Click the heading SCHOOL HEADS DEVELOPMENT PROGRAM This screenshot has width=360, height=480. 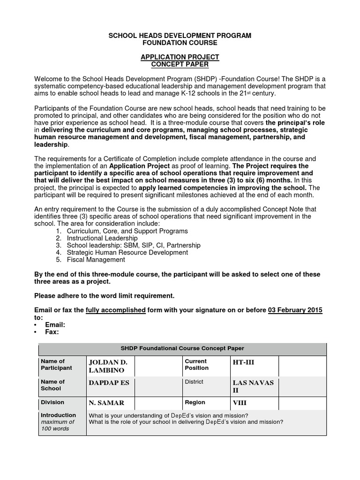[x=180, y=36]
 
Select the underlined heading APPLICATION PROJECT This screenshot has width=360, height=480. [x=180, y=57]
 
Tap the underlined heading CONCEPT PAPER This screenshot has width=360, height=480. [x=180, y=64]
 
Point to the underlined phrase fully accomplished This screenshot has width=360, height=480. [x=116, y=310]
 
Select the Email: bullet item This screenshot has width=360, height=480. [x=55, y=324]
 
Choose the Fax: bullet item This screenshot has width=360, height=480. [x=52, y=331]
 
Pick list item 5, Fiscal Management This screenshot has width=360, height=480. [x=96, y=259]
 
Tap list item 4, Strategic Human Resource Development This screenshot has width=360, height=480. [x=127, y=252]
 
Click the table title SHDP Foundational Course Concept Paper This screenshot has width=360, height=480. [x=183, y=348]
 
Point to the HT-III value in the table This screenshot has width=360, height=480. [x=243, y=362]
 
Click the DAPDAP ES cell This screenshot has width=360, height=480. [x=109, y=382]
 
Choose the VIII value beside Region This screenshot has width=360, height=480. [x=240, y=403]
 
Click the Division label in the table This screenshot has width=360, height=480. [x=52, y=402]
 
